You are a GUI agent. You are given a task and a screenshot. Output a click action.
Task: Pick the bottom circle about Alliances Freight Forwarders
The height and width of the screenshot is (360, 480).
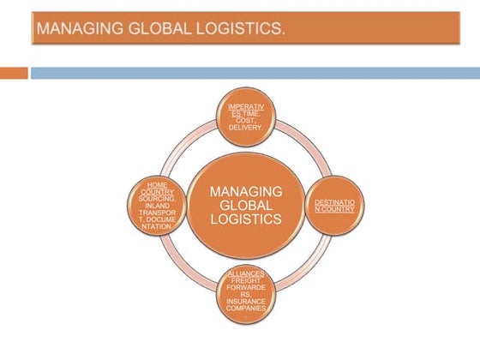pos(246,294)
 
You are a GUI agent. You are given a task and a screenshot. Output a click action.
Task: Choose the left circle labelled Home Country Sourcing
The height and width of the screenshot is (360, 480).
pos(156,206)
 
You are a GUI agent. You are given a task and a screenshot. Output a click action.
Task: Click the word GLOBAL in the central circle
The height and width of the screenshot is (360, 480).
pos(246,205)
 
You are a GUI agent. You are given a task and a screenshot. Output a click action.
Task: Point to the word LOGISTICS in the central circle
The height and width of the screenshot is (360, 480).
pos(246,219)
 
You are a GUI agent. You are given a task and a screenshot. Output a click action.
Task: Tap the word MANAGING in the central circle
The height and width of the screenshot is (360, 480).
pos(246,190)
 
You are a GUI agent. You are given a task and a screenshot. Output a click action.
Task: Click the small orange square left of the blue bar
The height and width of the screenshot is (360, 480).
pos(14,73)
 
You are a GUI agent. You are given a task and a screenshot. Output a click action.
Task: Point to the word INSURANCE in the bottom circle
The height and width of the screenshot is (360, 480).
pos(246,301)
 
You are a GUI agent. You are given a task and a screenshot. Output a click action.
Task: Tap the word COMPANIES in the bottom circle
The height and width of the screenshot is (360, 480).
pos(246,308)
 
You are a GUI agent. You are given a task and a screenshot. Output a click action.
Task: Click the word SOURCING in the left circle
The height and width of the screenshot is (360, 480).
pos(156,197)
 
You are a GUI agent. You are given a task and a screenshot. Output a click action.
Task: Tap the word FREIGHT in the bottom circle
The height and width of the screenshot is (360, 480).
pos(246,280)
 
